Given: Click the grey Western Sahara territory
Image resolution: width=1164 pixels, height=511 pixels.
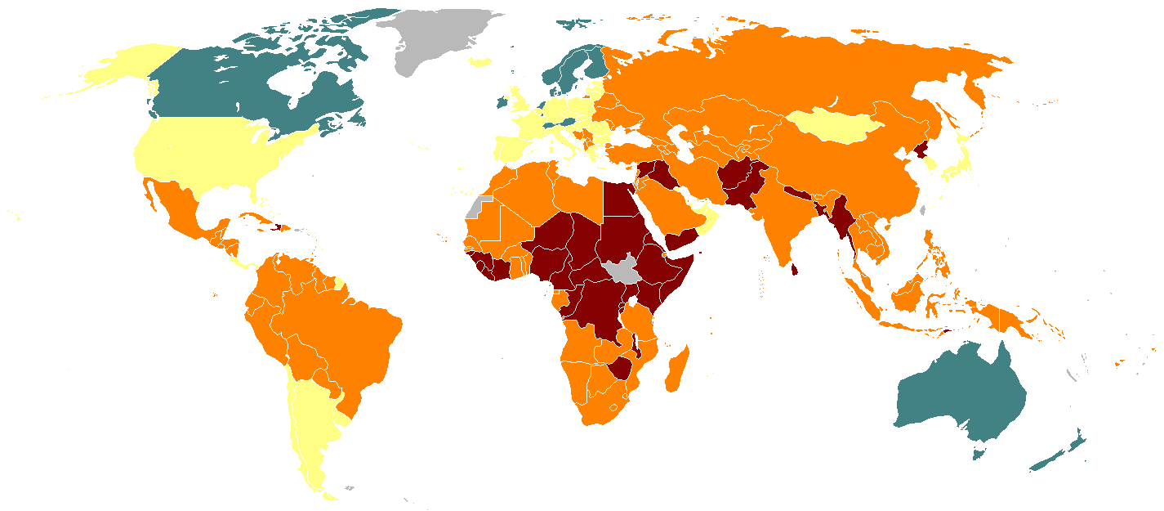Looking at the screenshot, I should click(475, 206).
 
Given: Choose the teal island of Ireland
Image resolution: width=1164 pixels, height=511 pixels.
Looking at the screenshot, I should click(500, 103).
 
